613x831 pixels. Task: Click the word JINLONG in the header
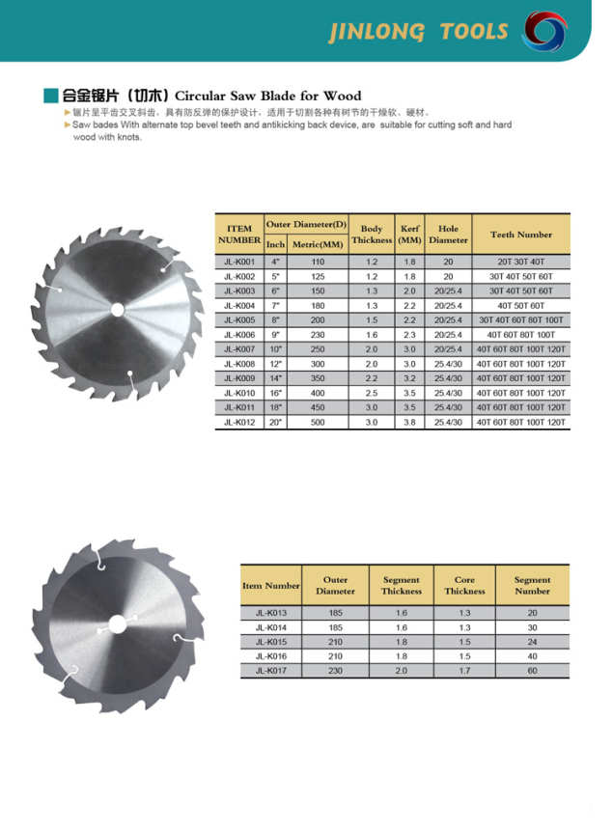(376, 32)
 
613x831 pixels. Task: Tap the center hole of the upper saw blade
(119, 306)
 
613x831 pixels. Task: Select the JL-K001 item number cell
(238, 262)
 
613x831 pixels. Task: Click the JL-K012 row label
(238, 422)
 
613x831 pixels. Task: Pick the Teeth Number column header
(521, 235)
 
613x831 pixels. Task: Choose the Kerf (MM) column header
(410, 235)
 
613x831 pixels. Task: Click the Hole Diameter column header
(448, 235)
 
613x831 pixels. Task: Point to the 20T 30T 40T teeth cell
(521, 262)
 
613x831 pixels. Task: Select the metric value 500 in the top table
(317, 422)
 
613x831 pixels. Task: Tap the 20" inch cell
(275, 422)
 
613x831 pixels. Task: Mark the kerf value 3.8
(410, 422)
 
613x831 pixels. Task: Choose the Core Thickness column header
(464, 585)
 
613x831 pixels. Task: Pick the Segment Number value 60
(532, 670)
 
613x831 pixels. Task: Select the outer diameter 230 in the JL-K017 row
(335, 670)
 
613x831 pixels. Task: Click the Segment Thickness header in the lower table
(401, 585)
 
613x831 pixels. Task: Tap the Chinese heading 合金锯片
(89, 96)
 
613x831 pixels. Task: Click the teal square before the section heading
(51, 96)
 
